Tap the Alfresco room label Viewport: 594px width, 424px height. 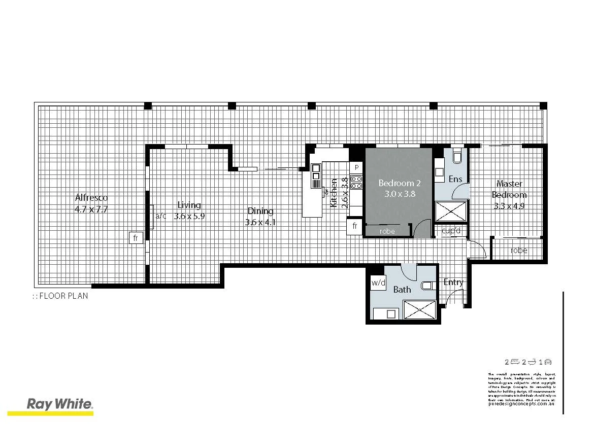click(x=91, y=198)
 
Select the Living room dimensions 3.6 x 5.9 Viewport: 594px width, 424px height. click(x=189, y=216)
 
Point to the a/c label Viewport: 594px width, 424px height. click(x=161, y=216)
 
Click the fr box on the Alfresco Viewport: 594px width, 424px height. click(x=136, y=237)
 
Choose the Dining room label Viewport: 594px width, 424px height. click(x=260, y=211)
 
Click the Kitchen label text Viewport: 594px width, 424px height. click(x=334, y=192)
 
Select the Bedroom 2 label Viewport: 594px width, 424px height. click(x=400, y=183)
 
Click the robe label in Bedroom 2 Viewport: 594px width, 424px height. click(x=387, y=231)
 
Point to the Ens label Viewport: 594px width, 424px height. click(x=455, y=179)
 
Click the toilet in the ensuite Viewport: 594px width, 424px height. click(x=456, y=156)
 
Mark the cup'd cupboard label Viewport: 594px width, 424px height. click(x=451, y=231)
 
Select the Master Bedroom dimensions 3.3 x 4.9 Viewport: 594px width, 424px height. click(x=509, y=206)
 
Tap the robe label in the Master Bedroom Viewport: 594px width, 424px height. click(x=519, y=251)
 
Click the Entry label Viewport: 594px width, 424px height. click(x=453, y=282)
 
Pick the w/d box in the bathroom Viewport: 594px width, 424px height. click(x=378, y=282)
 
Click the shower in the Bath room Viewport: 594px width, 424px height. click(x=419, y=309)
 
